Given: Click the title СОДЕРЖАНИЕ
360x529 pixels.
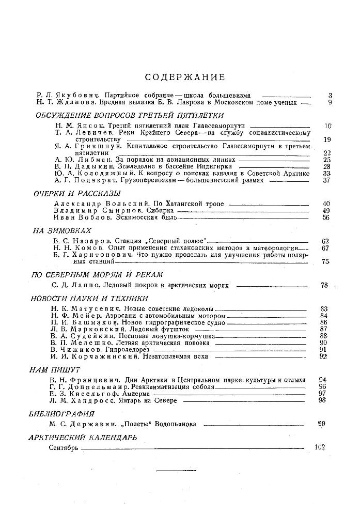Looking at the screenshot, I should [x=185, y=77].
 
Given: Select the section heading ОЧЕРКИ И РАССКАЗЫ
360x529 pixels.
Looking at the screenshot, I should [x=77, y=193].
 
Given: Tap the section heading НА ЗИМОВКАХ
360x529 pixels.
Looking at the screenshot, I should [x=62, y=231].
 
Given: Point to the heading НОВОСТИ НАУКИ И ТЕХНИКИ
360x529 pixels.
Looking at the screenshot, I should [x=90, y=298].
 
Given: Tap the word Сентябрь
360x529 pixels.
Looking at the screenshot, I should [x=64, y=448].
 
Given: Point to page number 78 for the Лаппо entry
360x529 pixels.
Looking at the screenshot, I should [x=324, y=285].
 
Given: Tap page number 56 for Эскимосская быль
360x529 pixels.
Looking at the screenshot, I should [x=325, y=217].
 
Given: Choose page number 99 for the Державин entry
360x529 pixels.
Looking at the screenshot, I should [x=322, y=424].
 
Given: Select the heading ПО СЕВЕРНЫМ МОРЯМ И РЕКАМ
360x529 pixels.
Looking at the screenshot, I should [x=98, y=274].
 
